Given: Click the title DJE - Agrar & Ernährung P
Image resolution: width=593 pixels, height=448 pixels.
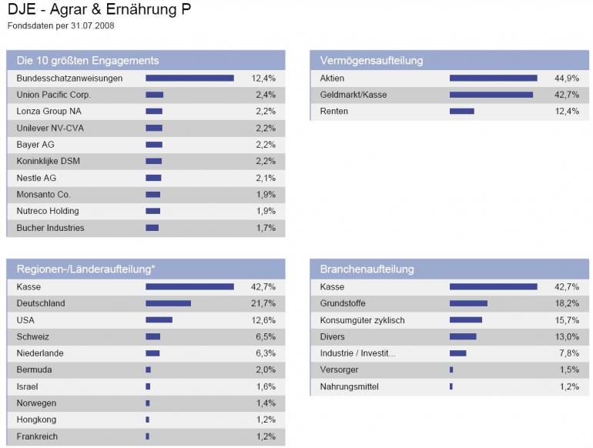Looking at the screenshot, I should tap(99, 11).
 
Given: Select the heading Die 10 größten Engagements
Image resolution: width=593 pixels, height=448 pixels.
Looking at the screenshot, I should tap(88, 60).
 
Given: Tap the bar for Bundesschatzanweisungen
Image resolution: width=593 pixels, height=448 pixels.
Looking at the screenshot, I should tap(189, 78).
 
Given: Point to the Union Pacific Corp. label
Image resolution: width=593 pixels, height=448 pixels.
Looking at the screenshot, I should tap(54, 95).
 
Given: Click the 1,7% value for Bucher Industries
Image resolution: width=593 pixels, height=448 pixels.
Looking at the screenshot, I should tap(266, 228).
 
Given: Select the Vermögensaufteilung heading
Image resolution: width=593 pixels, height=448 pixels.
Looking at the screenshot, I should tap(371, 60).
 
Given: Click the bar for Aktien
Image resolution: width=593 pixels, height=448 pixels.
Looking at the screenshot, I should tap(493, 78).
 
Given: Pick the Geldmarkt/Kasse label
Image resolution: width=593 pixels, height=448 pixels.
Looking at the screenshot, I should tap(353, 95).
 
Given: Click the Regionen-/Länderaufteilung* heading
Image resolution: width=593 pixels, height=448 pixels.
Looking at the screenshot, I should tap(85, 269).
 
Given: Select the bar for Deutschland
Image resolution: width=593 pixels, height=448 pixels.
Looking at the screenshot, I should tap(168, 303).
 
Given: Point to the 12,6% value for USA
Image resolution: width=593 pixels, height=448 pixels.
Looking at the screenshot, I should tap(263, 320).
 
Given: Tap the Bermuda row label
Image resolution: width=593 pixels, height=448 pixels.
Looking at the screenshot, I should tap(35, 370).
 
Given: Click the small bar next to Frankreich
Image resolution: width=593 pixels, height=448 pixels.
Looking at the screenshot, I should tap(147, 436).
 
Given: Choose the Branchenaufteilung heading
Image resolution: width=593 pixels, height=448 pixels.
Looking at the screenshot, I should tap(367, 269).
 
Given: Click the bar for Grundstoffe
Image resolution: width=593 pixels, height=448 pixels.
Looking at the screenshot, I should tap(468, 303).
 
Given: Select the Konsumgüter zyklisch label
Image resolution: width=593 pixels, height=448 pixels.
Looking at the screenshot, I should tap(362, 320).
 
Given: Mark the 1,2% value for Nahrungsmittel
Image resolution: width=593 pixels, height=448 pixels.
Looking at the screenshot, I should tap(569, 386).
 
